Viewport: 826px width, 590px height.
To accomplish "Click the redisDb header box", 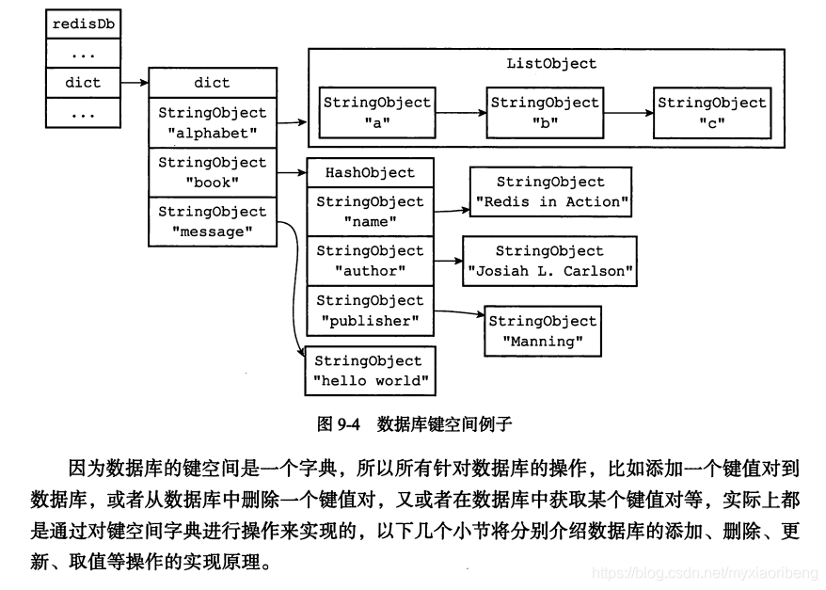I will pyautogui.click(x=82, y=23).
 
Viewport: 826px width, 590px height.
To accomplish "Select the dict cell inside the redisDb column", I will pyautogui.click(x=82, y=82).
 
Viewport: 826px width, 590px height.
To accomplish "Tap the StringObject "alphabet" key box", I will pyautogui.click(x=212, y=122).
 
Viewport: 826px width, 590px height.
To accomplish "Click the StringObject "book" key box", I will pyautogui.click(x=212, y=172).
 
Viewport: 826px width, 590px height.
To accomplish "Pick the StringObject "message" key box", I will pyautogui.click(x=212, y=222).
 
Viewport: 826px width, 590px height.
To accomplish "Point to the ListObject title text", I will pyautogui.click(x=550, y=64).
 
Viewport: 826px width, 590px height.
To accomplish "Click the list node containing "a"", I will pyautogui.click(x=376, y=113).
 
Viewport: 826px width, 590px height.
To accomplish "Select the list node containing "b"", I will pyautogui.click(x=544, y=113).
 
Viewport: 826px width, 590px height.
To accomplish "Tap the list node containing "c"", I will pyautogui.click(x=712, y=113).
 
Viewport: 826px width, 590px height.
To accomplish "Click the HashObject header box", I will pyautogui.click(x=370, y=173).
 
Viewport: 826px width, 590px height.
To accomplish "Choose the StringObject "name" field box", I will pyautogui.click(x=370, y=212).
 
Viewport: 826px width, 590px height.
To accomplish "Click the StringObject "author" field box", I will pyautogui.click(x=370, y=262).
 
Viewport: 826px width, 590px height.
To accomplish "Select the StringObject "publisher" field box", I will pyautogui.click(x=370, y=311).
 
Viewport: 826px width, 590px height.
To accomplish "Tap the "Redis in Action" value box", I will pyautogui.click(x=550, y=192).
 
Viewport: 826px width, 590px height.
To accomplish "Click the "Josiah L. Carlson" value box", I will pyautogui.click(x=550, y=262).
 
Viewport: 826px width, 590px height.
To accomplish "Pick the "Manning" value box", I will pyautogui.click(x=543, y=330).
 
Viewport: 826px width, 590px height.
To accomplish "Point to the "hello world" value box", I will pyautogui.click(x=370, y=371).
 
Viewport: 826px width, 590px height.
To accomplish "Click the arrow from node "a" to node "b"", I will pyautogui.click(x=461, y=114).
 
